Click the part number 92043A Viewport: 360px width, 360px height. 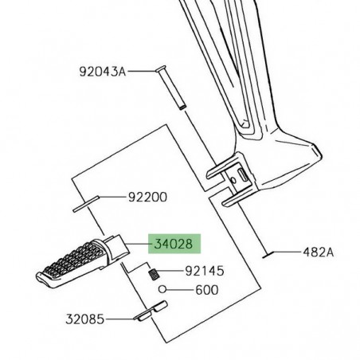point(103,71)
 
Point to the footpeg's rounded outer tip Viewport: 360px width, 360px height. point(39,275)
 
